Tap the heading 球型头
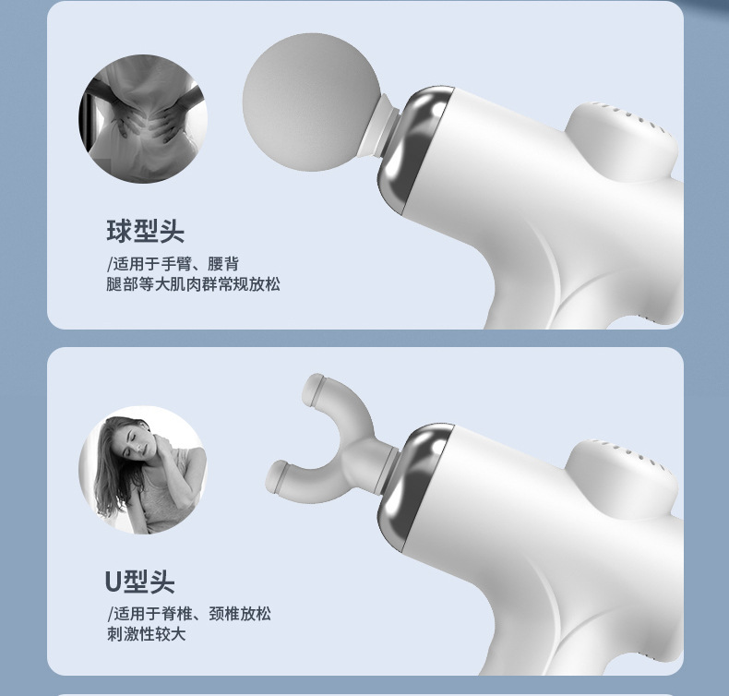click(x=146, y=231)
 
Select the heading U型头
click(x=140, y=582)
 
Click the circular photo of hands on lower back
click(x=143, y=119)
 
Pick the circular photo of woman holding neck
click(x=143, y=470)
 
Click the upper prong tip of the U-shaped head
click(x=313, y=388)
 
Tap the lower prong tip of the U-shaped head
click(x=278, y=477)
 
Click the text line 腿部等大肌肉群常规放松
click(x=193, y=284)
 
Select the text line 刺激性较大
click(x=146, y=634)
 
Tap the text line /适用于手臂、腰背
click(x=173, y=264)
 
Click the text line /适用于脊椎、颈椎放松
click(x=189, y=614)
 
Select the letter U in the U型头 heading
click(x=114, y=582)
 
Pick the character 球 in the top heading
click(x=119, y=231)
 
